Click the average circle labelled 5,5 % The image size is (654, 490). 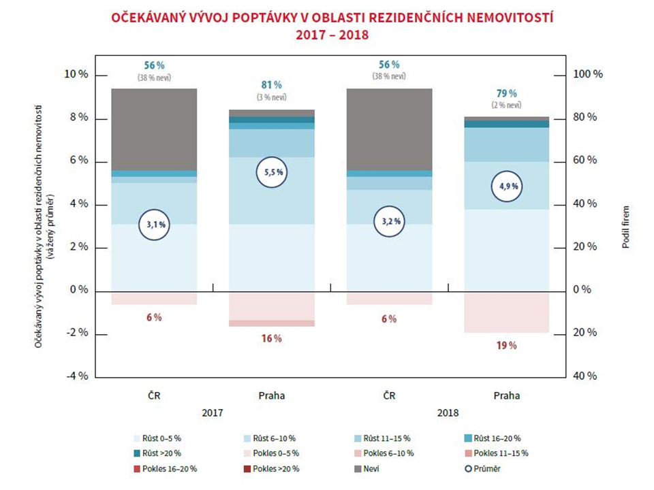coord(272,173)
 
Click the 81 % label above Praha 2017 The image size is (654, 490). coord(272,85)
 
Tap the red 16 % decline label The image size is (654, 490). coord(272,338)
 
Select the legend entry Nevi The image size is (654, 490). coord(368,469)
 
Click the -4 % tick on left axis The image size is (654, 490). coord(78,376)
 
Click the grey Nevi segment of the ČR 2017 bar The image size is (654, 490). coord(154,129)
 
